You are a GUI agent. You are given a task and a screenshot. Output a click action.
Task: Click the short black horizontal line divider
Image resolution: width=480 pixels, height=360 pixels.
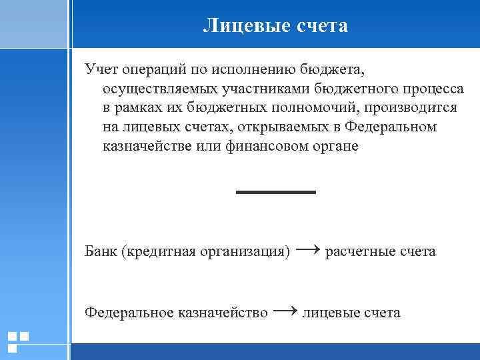pos(275,192)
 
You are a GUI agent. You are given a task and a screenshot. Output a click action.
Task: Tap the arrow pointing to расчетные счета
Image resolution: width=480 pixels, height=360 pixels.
pos(307,250)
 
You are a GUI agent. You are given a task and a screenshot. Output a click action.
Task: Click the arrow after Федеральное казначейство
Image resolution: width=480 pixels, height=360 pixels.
pos(285,311)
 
